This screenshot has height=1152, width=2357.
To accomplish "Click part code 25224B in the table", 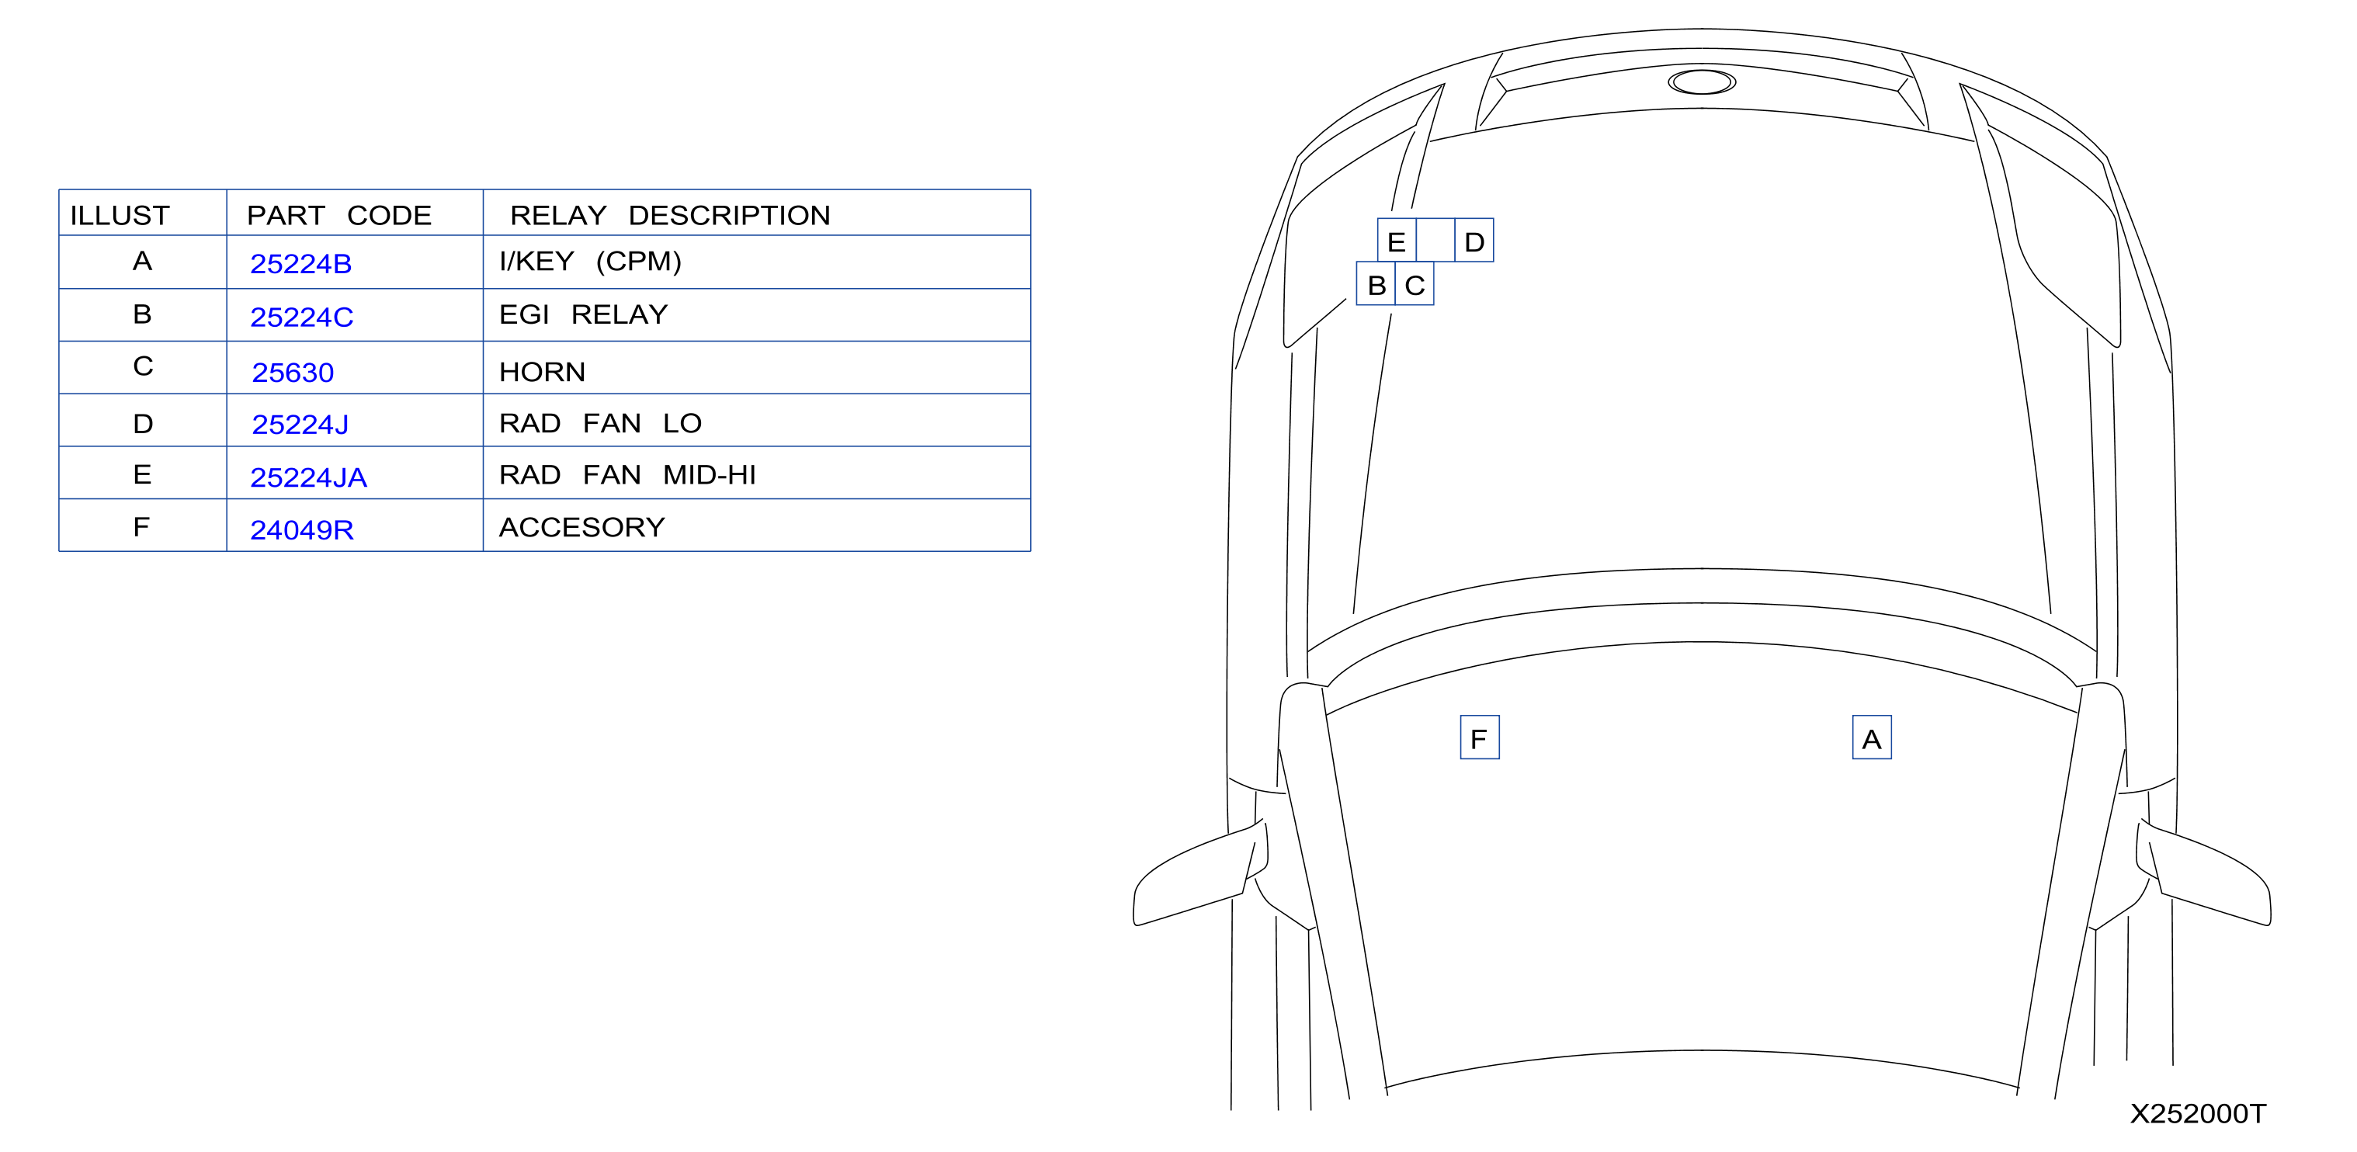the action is pos(301,263).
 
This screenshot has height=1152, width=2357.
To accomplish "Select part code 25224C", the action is pos(302,317).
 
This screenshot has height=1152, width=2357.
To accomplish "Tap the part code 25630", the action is pos(293,373).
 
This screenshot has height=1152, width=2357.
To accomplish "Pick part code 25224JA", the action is pos(308,477).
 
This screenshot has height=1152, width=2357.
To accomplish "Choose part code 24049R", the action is pos(302,529).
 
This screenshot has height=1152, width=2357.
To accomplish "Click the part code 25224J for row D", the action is pos(300,425).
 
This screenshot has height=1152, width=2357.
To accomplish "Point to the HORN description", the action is pos(542,372).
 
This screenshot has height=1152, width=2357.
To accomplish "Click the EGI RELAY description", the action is pos(584,314).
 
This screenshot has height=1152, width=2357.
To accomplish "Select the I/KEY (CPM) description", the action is pos(590,262).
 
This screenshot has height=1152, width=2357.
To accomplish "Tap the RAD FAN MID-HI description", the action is pos(627,475).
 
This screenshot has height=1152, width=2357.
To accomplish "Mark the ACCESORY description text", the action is pos(582,527).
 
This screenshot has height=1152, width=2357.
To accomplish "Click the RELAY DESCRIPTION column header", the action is pos(670,215).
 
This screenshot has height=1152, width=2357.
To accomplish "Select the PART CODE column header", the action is pos(338,215).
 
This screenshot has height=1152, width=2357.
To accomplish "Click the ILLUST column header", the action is pos(120,215).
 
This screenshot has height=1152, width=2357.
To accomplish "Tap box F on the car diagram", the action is pos(1480,737).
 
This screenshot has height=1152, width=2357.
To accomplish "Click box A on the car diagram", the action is pos(1872,737).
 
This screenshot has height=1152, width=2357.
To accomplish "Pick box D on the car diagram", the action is pos(1474,241).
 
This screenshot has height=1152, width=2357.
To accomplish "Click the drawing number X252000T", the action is pos(2198,1113).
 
